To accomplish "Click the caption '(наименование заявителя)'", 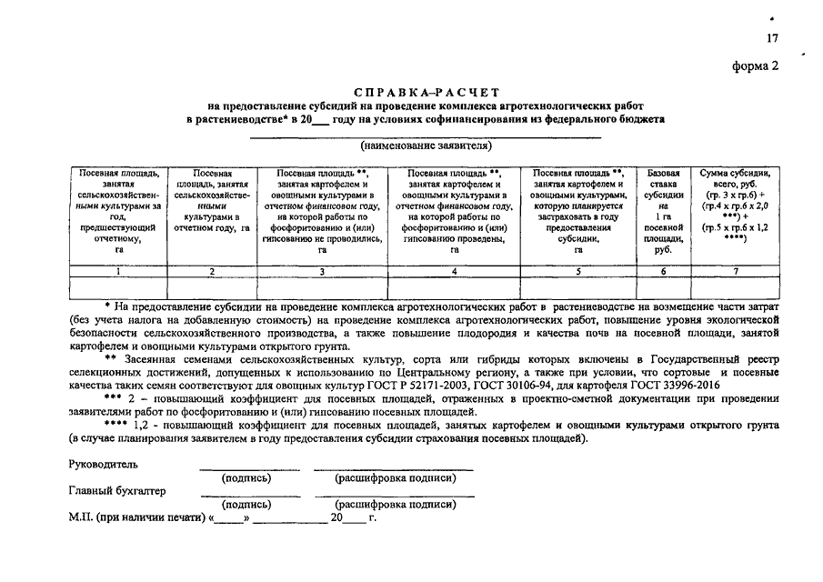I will pos(426,145).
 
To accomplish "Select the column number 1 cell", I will pos(119,271).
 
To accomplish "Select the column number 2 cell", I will pos(211,271).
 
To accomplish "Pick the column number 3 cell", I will pos(322,271).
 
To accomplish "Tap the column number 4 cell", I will pos(455,271).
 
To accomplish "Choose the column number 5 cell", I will pos(577,271).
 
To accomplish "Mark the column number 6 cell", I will pos(664,271).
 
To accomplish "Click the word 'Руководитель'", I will pos(104,465).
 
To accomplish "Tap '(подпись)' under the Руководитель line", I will pos(246,477).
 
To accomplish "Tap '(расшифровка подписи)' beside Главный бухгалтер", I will pos(395,504).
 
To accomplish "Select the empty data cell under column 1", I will pos(119,288).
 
